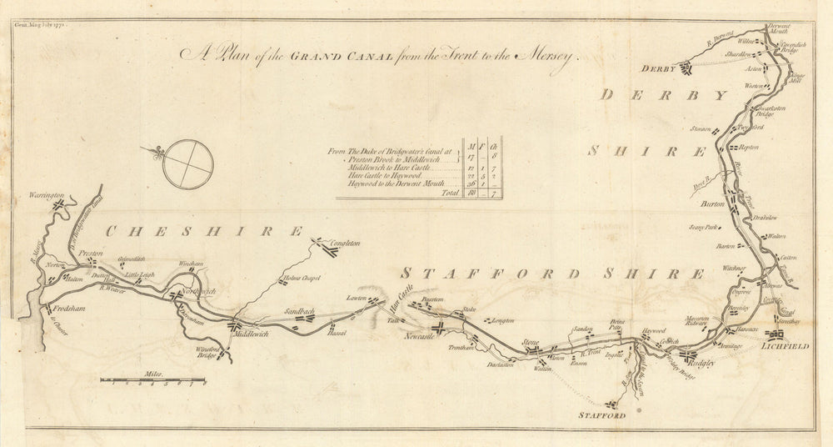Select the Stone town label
[x=530, y=343]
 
